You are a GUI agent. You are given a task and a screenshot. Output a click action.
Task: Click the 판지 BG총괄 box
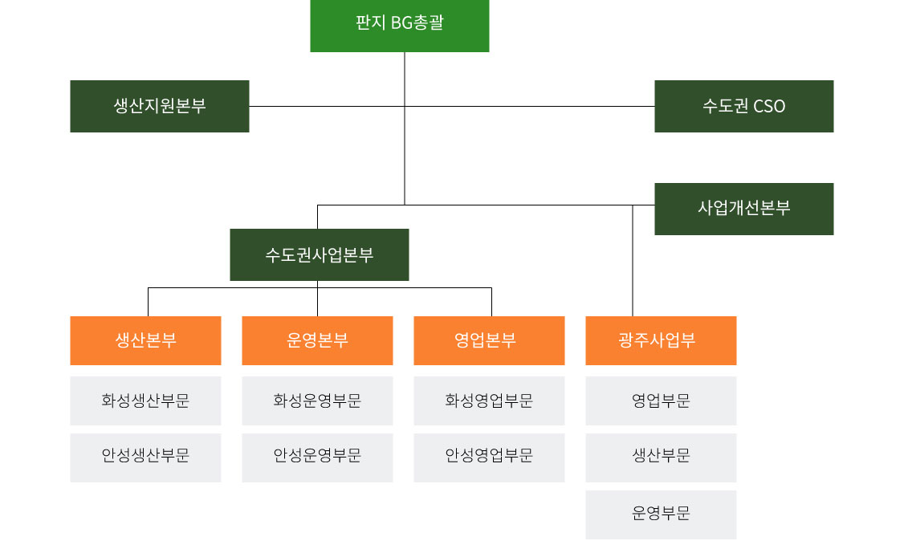(x=399, y=26)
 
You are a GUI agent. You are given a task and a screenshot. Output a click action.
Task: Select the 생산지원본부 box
(x=159, y=106)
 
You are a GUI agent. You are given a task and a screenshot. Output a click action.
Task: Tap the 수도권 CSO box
(x=743, y=106)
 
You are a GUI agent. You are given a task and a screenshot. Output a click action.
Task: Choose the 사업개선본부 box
(x=743, y=209)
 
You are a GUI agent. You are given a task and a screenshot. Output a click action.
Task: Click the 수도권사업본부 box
(x=319, y=255)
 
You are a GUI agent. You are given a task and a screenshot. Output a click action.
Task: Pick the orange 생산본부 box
(x=145, y=340)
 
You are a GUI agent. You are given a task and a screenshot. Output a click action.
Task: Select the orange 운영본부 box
(x=317, y=340)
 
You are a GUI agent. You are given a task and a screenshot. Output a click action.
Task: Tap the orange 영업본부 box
(x=489, y=340)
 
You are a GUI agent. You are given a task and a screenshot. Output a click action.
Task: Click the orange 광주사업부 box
(x=661, y=340)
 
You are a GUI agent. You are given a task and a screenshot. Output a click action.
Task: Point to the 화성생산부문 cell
(x=145, y=401)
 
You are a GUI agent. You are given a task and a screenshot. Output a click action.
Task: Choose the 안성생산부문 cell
(x=145, y=457)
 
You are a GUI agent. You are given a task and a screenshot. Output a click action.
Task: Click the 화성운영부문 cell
(x=317, y=401)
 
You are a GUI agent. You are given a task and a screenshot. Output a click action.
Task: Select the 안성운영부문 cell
(x=317, y=457)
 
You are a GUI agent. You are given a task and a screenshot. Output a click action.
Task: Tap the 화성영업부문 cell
(x=489, y=401)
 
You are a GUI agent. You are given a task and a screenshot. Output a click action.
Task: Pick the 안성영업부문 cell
(x=489, y=457)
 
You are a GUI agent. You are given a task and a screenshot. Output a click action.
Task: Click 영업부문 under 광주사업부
(x=661, y=401)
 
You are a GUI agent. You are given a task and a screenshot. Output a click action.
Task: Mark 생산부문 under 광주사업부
(x=661, y=457)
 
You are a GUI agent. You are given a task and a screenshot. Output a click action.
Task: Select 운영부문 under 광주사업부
(x=661, y=514)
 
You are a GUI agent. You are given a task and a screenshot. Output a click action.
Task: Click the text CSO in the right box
(x=769, y=106)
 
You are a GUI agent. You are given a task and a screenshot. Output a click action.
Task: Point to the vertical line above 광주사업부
(x=633, y=265)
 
